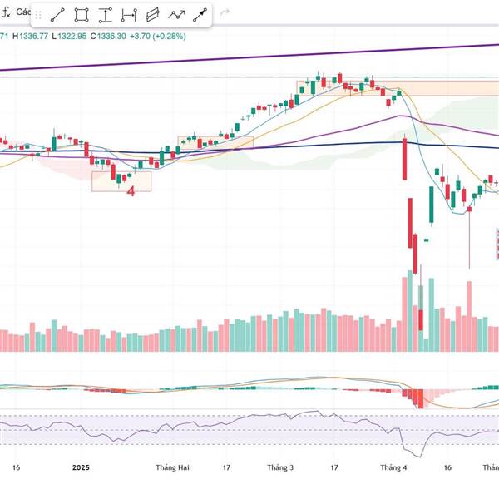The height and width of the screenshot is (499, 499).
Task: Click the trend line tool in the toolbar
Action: (x=57, y=15)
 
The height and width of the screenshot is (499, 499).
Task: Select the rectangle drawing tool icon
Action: (x=82, y=15)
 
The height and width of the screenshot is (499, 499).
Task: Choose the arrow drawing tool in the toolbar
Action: (x=200, y=15)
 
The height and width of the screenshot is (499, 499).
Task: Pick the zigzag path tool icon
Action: (x=176, y=15)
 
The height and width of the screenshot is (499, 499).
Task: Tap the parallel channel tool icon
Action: (x=152, y=15)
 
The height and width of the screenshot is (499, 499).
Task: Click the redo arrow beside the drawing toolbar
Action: (x=225, y=15)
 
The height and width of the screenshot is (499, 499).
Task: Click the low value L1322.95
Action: (x=69, y=37)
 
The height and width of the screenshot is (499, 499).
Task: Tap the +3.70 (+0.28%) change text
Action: (x=158, y=37)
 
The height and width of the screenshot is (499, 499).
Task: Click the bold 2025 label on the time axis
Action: (x=81, y=468)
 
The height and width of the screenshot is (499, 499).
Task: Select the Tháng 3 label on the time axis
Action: (x=280, y=468)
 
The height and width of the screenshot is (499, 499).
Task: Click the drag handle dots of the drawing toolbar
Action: (x=37, y=15)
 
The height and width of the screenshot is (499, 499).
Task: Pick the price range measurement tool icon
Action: (x=105, y=15)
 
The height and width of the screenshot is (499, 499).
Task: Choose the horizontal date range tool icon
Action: (x=129, y=15)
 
